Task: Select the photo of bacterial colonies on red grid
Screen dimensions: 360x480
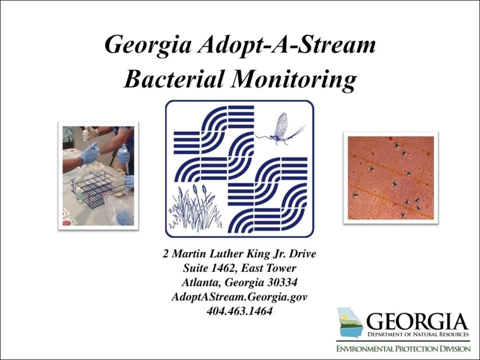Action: (390, 178)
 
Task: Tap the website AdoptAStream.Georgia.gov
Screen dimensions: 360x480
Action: (240, 297)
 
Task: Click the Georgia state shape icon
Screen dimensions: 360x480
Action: (350, 323)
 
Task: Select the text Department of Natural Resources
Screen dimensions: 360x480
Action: (418, 334)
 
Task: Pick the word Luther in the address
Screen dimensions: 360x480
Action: (226, 254)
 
